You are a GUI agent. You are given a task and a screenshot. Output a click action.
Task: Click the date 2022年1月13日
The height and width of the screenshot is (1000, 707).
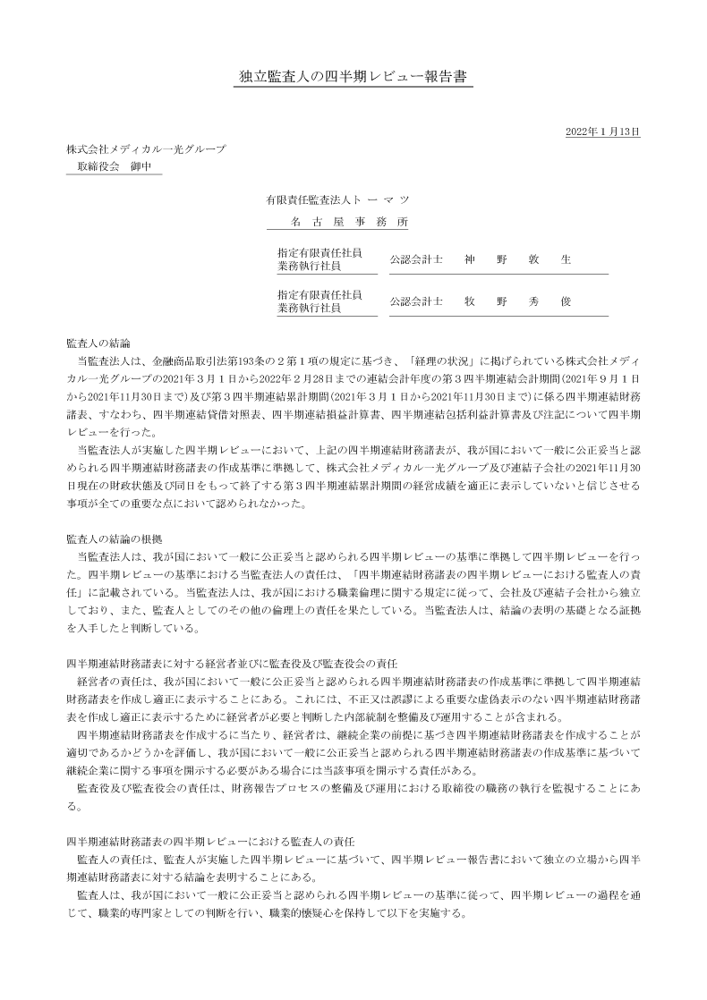click(603, 131)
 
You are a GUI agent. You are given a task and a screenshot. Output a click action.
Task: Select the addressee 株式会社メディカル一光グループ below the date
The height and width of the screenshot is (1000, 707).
click(145, 148)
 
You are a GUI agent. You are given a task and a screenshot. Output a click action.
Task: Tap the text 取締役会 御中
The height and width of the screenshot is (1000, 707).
click(115, 166)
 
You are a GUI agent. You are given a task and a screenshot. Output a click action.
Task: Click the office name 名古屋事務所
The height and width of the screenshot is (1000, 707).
click(349, 221)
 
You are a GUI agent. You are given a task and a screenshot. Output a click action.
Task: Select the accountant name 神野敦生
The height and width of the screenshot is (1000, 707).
click(517, 259)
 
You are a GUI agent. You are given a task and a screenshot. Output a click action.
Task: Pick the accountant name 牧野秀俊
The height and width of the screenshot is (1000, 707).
click(517, 301)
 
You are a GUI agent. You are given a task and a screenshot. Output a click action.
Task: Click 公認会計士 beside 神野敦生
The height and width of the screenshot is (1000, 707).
click(416, 259)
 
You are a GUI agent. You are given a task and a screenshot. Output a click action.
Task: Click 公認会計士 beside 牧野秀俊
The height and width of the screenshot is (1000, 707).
click(416, 301)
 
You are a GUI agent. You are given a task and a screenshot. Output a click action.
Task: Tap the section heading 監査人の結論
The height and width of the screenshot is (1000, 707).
click(98, 343)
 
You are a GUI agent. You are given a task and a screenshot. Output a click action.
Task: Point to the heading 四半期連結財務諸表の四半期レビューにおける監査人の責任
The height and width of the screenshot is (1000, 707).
click(211, 843)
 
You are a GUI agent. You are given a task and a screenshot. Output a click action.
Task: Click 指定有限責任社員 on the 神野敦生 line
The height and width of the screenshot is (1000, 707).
click(319, 253)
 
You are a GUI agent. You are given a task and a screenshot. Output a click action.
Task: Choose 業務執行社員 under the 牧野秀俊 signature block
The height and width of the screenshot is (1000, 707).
click(309, 309)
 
